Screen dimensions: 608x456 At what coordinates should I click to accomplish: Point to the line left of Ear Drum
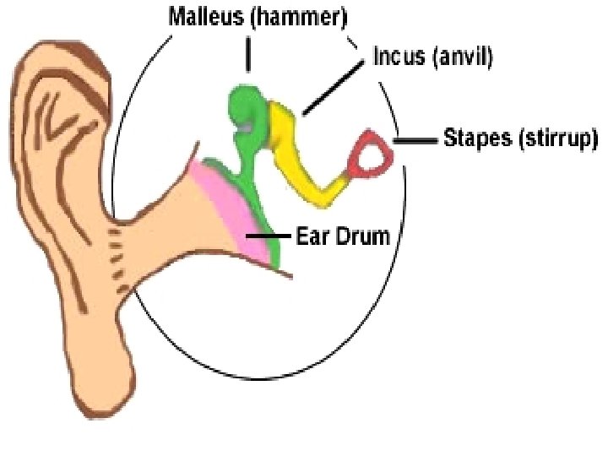coord(269,238)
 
